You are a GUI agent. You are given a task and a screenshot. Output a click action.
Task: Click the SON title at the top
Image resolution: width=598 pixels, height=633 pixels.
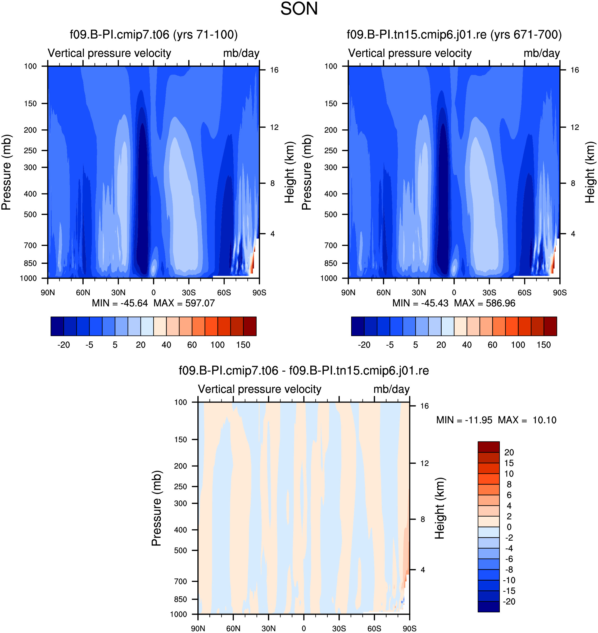pyautogui.click(x=299, y=9)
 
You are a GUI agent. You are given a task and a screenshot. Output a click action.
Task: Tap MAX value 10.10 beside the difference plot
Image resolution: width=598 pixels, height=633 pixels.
pyautogui.click(x=545, y=420)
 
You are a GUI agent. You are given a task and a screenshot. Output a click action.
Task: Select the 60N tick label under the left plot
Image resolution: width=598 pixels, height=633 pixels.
pyautogui.click(x=83, y=293)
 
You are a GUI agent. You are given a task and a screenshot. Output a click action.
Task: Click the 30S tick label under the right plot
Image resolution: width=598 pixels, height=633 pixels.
pyautogui.click(x=489, y=293)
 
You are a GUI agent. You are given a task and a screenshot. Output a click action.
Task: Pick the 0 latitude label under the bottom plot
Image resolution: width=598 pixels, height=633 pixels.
pyautogui.click(x=304, y=629)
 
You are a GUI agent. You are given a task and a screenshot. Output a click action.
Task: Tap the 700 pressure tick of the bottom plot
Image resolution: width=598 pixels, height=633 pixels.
pyautogui.click(x=180, y=581)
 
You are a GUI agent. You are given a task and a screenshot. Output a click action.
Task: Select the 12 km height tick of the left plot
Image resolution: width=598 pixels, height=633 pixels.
pyautogui.click(x=274, y=128)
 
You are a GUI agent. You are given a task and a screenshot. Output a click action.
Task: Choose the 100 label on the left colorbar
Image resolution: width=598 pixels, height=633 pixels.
pyautogui.click(x=218, y=345)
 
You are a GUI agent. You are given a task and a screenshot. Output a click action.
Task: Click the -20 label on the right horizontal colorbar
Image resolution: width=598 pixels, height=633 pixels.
pyautogui.click(x=364, y=345)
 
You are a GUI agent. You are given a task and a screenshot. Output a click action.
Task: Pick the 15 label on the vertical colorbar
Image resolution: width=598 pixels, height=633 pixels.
pyautogui.click(x=509, y=463)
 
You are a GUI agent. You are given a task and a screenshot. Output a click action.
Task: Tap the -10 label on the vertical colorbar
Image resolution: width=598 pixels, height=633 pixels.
pyautogui.click(x=509, y=580)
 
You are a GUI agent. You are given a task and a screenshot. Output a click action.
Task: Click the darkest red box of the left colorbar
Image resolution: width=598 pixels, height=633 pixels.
pyautogui.click(x=250, y=326)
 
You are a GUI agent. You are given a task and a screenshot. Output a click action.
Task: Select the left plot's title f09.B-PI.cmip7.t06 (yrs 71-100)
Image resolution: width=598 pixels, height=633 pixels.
pyautogui.click(x=154, y=34)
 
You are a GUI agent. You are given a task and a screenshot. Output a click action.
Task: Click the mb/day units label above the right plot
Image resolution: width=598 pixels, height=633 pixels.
pyautogui.click(x=542, y=53)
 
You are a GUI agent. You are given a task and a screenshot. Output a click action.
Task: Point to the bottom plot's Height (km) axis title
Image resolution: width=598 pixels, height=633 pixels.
pyautogui.click(x=440, y=508)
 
